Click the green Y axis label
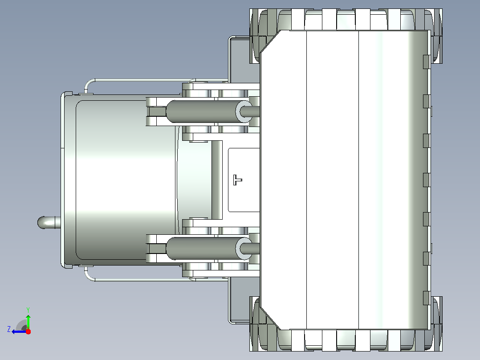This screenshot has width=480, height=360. click(x=28, y=310)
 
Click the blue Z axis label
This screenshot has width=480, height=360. click(x=9, y=329)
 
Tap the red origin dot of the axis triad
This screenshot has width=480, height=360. click(x=28, y=331)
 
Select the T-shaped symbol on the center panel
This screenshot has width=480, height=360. click(x=237, y=180)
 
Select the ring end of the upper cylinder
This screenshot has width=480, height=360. click(x=244, y=111)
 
